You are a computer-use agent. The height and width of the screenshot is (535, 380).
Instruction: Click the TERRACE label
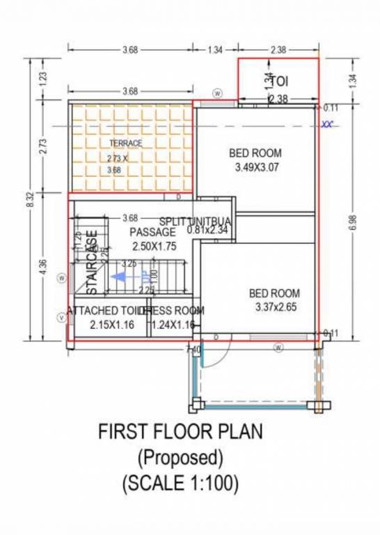[x=125, y=144]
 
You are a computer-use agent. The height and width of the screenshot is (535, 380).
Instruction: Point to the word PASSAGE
[x=152, y=232]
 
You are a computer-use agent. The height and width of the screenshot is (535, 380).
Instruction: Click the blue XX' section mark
[x=326, y=125]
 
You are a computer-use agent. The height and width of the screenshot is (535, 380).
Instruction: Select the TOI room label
[x=278, y=81]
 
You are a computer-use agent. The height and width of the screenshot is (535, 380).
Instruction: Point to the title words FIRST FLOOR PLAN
[x=180, y=433]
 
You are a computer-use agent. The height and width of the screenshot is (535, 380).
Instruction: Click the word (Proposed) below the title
[x=180, y=457]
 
